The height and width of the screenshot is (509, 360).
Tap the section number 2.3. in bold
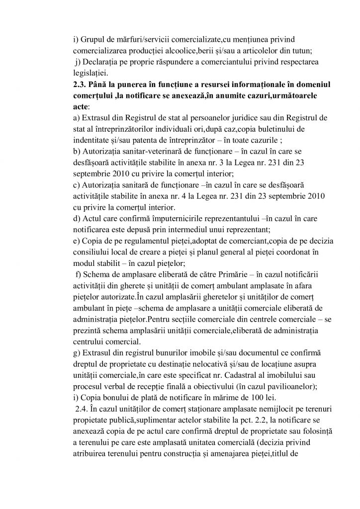pos(80,85)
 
